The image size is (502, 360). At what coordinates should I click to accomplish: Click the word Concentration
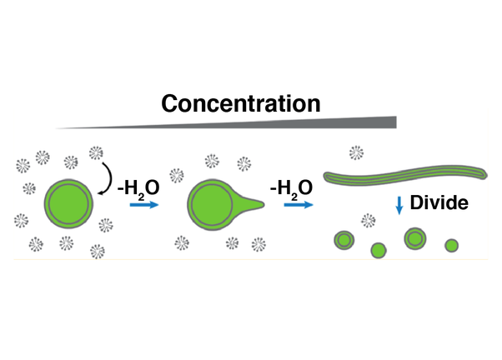(241, 103)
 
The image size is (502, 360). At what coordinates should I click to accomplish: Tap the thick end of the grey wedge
(389, 122)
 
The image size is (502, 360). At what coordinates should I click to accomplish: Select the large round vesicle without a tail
(70, 204)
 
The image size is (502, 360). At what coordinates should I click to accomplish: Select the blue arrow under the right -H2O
(294, 206)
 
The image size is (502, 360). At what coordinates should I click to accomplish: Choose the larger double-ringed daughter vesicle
(414, 238)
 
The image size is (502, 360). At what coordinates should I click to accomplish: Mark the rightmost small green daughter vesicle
(451, 246)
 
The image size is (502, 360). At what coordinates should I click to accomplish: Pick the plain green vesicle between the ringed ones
(379, 249)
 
